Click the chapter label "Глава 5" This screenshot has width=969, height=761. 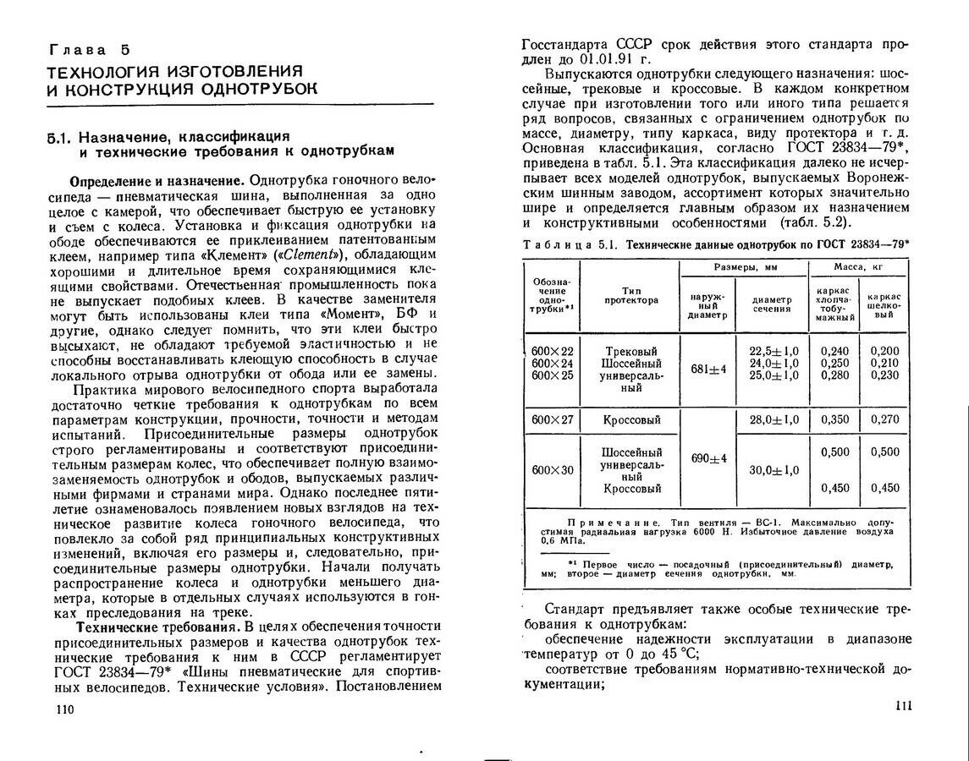click(89, 50)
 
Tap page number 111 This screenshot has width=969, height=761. click(903, 706)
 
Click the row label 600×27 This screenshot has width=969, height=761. click(552, 419)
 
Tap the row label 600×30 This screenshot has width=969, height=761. click(552, 470)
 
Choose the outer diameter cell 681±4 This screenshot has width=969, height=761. click(708, 369)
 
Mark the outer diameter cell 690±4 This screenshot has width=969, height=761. click(708, 457)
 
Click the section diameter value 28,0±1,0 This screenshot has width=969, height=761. click(774, 419)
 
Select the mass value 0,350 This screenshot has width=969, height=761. click(834, 419)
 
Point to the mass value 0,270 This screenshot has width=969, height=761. click(884, 419)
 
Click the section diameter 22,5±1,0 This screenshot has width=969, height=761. click(774, 351)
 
